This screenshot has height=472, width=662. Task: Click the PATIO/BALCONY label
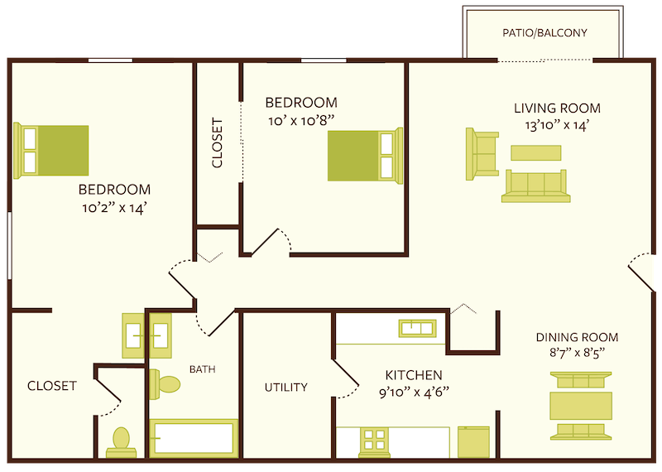pos(544,33)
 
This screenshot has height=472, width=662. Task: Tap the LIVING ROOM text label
pos(557,108)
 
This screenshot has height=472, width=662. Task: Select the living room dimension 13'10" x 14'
pos(557,125)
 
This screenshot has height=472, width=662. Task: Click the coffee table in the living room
pos(535,152)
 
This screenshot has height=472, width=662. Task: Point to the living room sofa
pos(535,185)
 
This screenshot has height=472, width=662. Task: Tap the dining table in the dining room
pos(581,406)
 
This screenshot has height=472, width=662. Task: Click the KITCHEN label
pos(413,375)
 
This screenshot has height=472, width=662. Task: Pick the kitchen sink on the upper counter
pos(416,328)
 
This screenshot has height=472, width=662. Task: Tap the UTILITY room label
pos(286,387)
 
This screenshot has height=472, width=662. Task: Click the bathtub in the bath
pos(194,437)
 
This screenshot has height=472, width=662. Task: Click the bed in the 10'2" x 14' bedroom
pos(51,151)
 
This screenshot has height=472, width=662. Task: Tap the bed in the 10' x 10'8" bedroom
pos(365,155)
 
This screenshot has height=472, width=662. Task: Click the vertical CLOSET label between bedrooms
pos(218,143)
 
